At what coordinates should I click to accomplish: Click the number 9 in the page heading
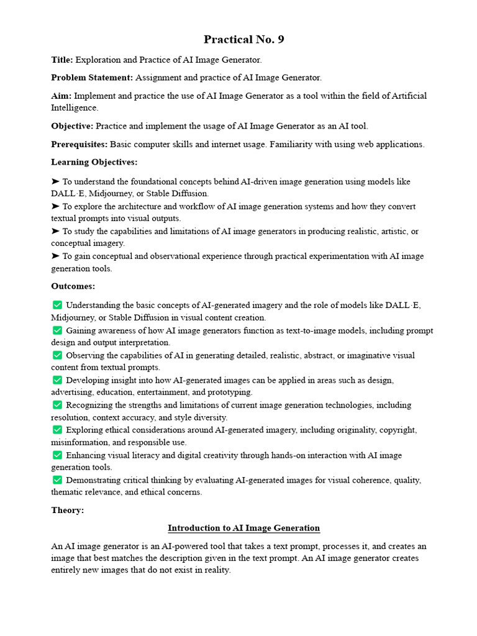(x=280, y=40)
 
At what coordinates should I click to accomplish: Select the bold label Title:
(x=62, y=60)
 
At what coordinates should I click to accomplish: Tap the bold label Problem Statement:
(x=92, y=78)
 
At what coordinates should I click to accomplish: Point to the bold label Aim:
(x=61, y=96)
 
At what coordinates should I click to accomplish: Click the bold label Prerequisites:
(x=79, y=144)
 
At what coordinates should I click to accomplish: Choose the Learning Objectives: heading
(x=94, y=162)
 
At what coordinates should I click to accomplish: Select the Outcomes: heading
(x=73, y=286)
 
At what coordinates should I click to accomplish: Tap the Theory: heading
(x=67, y=510)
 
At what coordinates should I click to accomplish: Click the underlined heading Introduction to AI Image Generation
(x=243, y=528)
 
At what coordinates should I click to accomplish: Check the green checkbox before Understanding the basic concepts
(x=57, y=305)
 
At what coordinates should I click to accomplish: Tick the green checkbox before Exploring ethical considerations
(x=57, y=430)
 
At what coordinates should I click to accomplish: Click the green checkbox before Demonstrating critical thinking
(x=57, y=480)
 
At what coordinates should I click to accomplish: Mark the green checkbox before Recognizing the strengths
(x=57, y=405)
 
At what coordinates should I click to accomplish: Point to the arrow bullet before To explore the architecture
(x=55, y=206)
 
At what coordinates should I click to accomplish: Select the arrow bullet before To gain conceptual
(x=55, y=256)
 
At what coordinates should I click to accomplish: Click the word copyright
(x=394, y=430)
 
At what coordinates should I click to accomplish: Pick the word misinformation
(x=79, y=442)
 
